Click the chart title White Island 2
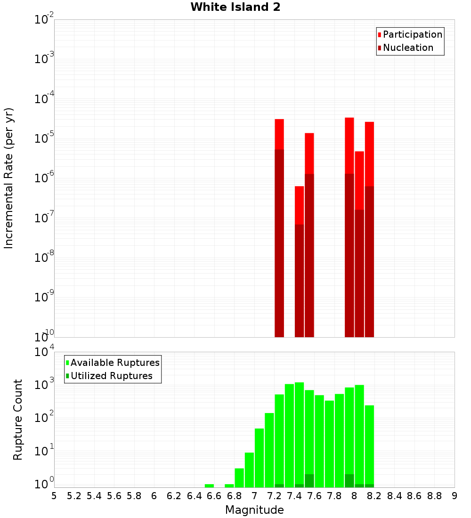coord(235,7)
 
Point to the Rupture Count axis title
coord(18,419)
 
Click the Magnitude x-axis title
coord(254,510)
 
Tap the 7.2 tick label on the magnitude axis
coord(274,496)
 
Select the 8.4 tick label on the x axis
coord(394,496)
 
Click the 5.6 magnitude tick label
coord(114,496)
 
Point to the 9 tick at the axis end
coord(455,496)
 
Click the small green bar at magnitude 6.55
coord(209,486)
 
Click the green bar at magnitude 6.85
coord(239,478)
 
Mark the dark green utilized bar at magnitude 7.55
coord(309,481)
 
